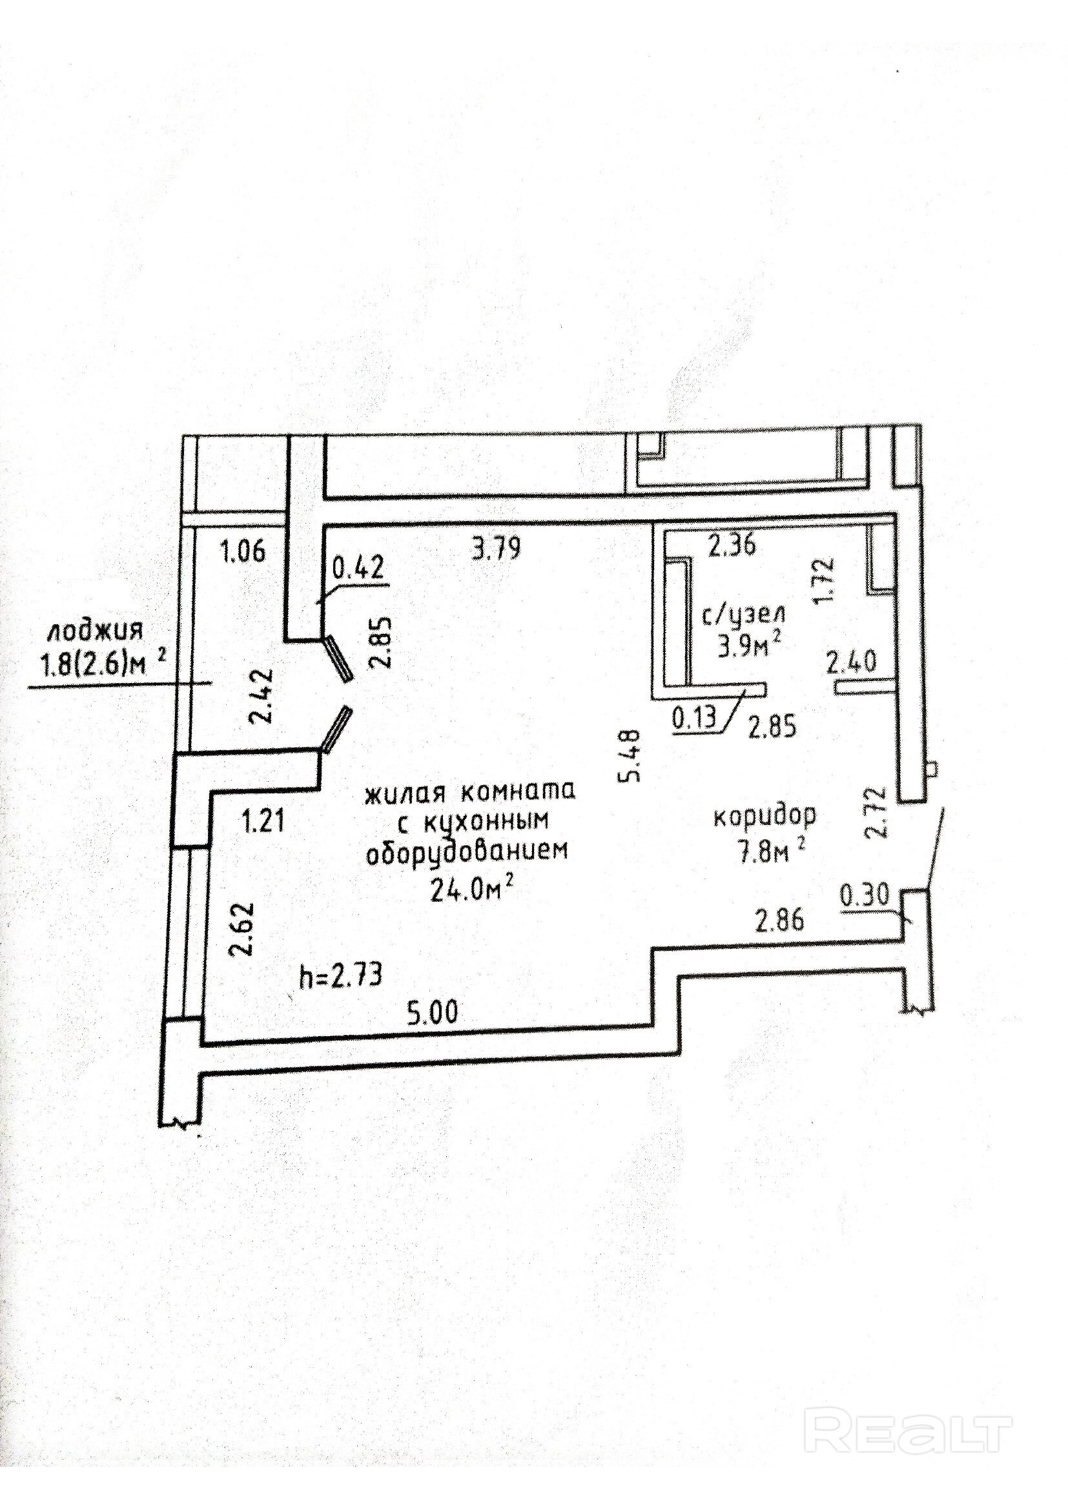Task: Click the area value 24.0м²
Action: pos(471,891)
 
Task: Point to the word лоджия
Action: pos(94,633)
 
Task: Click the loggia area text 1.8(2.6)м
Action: pos(97,666)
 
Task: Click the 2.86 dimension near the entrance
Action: pos(779,921)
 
